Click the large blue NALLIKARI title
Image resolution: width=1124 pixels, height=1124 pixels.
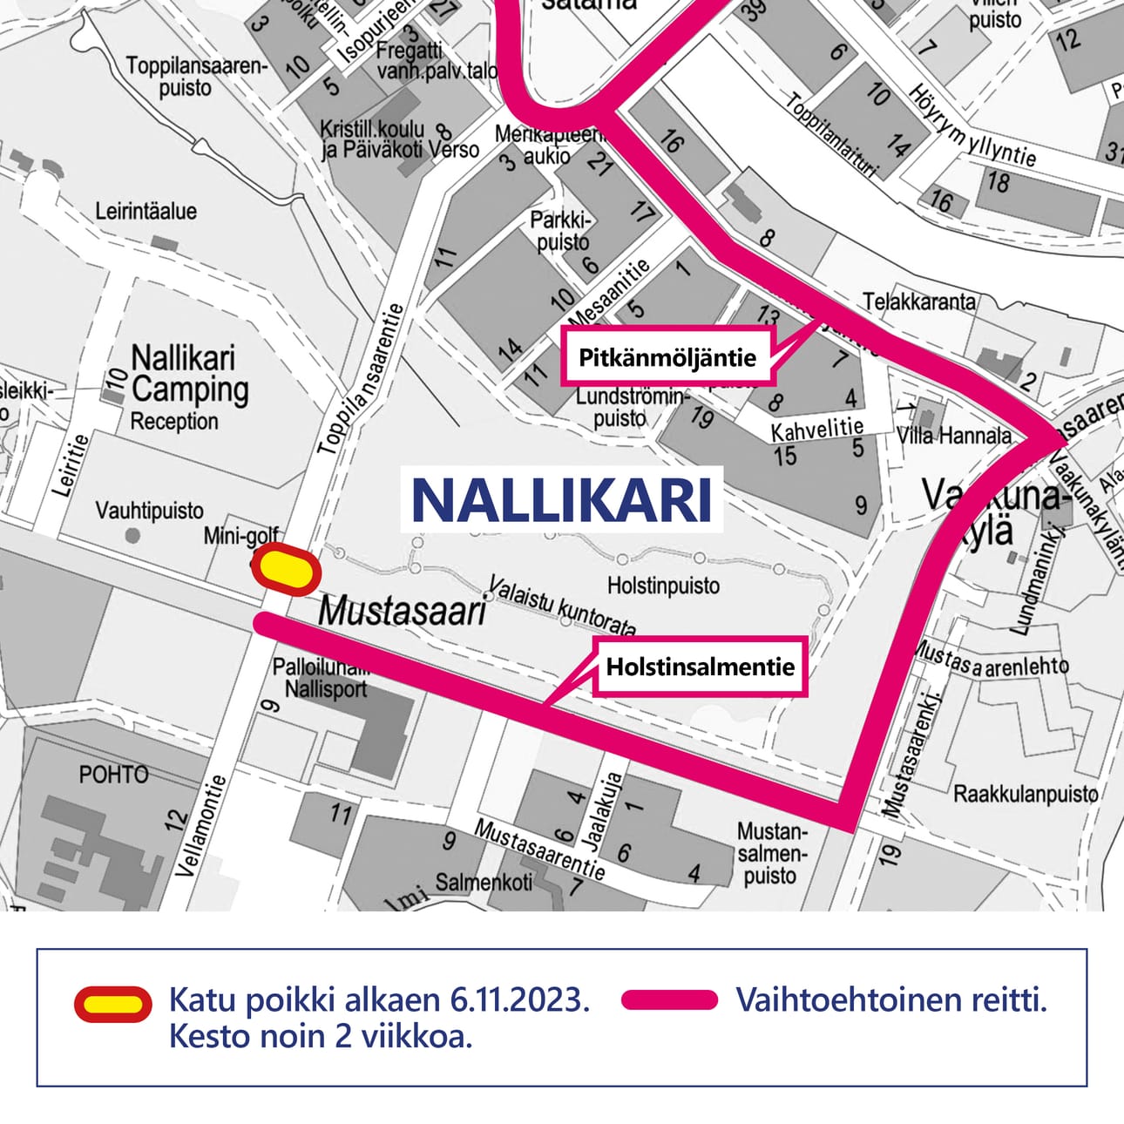(x=561, y=500)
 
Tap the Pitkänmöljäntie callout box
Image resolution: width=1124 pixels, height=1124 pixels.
(x=667, y=356)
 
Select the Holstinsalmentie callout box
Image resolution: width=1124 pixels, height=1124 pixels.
(x=701, y=667)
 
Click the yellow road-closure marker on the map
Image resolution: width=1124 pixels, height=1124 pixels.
(x=287, y=569)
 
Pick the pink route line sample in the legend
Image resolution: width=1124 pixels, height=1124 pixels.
(x=669, y=1000)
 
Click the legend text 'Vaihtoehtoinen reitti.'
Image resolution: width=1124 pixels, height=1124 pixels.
(x=891, y=1000)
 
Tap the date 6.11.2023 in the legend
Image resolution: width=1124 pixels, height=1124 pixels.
(x=519, y=1000)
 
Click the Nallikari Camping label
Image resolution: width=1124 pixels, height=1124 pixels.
(x=189, y=375)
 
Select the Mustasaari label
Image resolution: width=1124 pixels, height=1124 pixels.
(x=402, y=611)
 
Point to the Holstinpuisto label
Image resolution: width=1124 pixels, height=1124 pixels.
(x=663, y=586)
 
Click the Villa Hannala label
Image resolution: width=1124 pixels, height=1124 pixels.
(x=954, y=435)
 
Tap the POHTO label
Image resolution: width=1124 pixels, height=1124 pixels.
(x=114, y=774)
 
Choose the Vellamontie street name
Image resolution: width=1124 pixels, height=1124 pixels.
(x=200, y=825)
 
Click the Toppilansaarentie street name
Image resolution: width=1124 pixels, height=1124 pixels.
(x=361, y=380)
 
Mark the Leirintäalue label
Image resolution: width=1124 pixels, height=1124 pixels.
(x=146, y=211)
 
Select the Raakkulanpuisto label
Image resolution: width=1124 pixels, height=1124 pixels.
(x=1026, y=794)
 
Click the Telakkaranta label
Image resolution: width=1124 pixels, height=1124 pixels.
(x=919, y=301)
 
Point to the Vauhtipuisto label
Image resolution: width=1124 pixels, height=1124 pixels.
(x=149, y=510)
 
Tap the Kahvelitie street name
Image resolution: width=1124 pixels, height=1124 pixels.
(x=816, y=429)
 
